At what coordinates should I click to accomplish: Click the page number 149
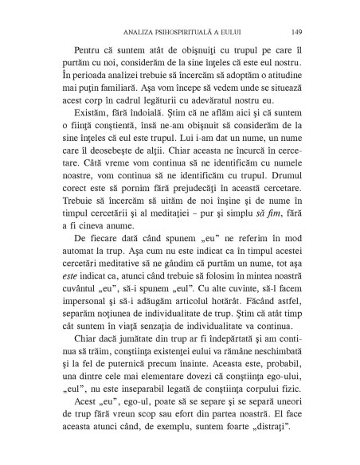click(295, 33)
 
